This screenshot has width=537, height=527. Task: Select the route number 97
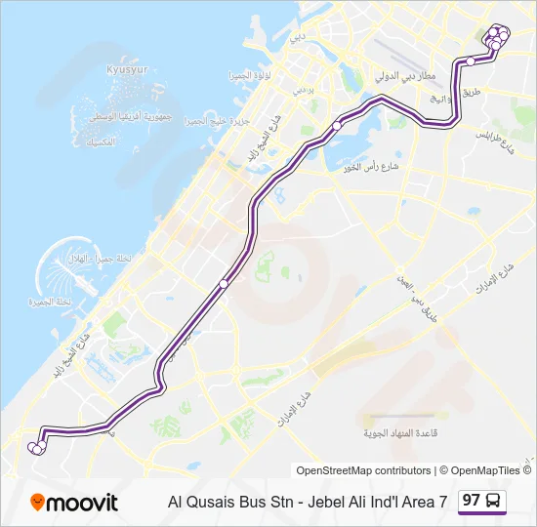click(472, 501)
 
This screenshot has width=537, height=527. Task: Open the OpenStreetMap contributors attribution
click(363, 470)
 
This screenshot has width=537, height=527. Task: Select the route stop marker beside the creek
click(336, 126)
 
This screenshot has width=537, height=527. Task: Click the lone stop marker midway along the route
click(224, 284)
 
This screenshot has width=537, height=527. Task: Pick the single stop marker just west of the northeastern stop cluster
click(471, 61)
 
